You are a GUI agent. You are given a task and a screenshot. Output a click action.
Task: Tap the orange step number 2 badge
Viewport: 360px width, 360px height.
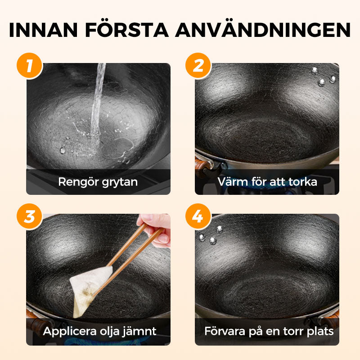[x=198, y=66]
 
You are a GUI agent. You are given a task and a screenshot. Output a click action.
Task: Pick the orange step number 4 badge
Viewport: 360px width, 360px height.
[x=198, y=216]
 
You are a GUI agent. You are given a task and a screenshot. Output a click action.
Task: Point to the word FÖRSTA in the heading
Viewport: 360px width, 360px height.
[x=135, y=30]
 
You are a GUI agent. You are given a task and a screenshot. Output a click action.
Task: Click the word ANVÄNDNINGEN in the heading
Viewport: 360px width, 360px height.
[x=263, y=30]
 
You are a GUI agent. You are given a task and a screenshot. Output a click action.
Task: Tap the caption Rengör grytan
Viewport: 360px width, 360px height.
[x=98, y=182]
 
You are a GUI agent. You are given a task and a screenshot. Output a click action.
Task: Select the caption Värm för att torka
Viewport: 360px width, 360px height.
[x=267, y=182]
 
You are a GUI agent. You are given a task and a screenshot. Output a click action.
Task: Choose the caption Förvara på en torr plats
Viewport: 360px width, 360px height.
[x=269, y=332]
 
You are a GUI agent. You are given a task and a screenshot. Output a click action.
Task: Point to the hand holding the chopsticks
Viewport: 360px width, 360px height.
[x=155, y=229]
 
